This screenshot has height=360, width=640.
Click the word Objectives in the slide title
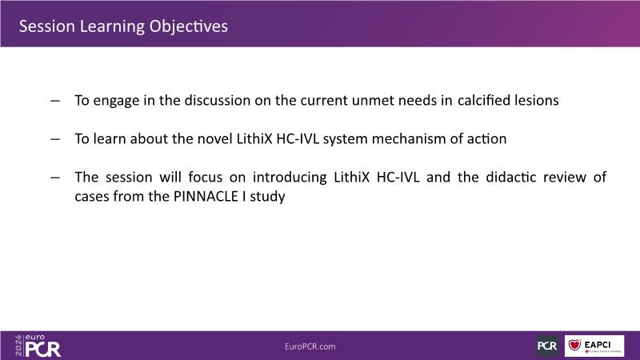(x=188, y=27)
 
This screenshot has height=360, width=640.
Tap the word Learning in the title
(x=112, y=27)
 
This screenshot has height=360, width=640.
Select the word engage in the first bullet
(x=116, y=101)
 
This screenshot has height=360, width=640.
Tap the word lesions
(x=531, y=101)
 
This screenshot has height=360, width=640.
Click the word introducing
(x=290, y=178)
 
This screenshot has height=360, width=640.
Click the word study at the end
(x=267, y=197)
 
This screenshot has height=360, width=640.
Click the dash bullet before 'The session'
(x=55, y=178)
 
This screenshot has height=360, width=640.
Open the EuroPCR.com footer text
(x=310, y=346)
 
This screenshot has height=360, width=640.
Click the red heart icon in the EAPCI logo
(x=574, y=345)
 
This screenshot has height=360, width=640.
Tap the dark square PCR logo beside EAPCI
(x=547, y=346)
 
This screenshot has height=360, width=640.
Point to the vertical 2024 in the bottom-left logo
(x=18, y=346)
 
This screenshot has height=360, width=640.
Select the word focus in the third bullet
(x=206, y=177)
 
